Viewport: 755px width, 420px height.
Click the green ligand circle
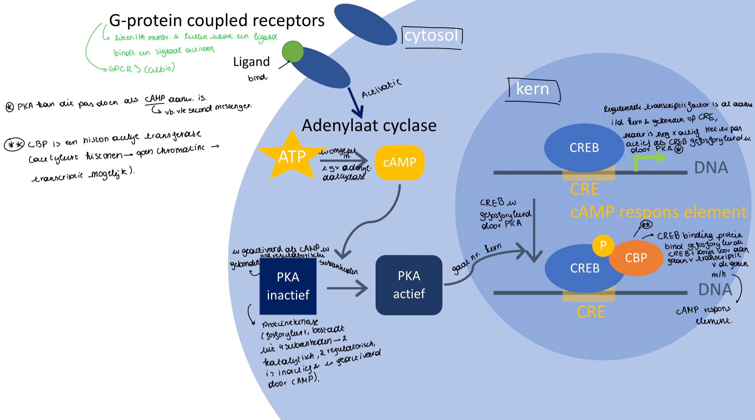(293, 52)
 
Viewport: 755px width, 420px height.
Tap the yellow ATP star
(292, 157)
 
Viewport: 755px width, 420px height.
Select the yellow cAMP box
(400, 162)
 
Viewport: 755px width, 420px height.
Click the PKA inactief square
(288, 286)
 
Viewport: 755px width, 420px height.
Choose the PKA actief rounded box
(409, 285)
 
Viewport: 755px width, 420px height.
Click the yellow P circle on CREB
(603, 245)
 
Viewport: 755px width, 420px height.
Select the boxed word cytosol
(431, 35)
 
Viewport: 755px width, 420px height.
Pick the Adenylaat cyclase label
(369, 125)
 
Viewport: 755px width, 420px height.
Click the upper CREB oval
(584, 148)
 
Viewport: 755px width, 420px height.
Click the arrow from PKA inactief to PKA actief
(347, 288)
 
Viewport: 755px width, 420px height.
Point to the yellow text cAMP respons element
(658, 212)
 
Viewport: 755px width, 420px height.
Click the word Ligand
(251, 62)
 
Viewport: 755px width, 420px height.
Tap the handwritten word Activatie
(381, 89)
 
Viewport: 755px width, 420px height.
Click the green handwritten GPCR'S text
(141, 68)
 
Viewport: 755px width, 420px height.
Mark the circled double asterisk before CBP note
(14, 144)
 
